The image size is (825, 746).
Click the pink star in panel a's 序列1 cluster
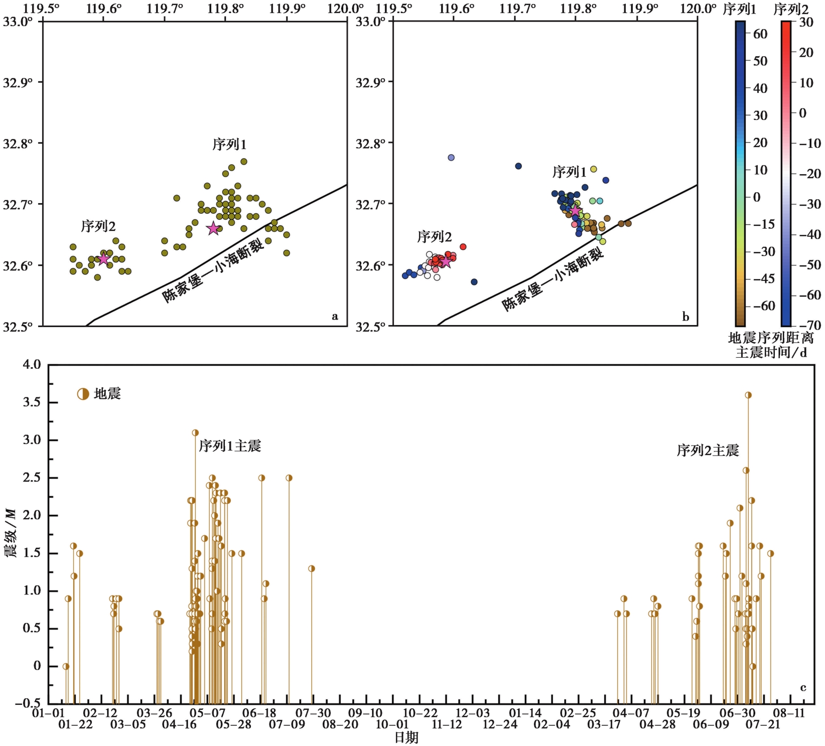(x=213, y=228)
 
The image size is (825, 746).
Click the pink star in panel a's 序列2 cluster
(x=103, y=259)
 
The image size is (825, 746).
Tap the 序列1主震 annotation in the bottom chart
(x=230, y=446)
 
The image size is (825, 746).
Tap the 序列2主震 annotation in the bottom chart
(x=708, y=451)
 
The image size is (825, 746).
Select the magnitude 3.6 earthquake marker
(x=748, y=395)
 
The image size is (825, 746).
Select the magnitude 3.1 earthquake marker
(x=195, y=432)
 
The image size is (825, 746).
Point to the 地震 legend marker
(x=83, y=394)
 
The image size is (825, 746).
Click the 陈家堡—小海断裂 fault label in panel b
(x=553, y=280)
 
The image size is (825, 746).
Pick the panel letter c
(x=803, y=688)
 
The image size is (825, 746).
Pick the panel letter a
(x=335, y=316)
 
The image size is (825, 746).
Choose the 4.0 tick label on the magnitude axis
(x=32, y=365)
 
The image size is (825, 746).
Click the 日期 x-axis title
(x=406, y=737)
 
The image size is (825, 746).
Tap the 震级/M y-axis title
(x=11, y=533)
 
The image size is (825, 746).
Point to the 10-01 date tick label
(x=392, y=724)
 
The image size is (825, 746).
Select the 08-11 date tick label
(x=788, y=713)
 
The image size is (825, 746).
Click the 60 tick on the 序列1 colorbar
(x=760, y=34)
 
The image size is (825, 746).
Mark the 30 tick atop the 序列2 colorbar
(x=806, y=22)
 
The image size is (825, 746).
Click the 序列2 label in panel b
(x=434, y=237)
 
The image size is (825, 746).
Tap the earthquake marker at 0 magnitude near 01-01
(x=66, y=666)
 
